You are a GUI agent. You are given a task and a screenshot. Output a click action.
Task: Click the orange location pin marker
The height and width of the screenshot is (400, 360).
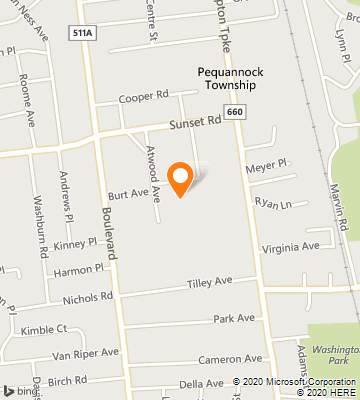pos(180,178)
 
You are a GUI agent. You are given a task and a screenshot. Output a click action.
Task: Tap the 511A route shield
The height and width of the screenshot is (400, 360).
pos(81,33)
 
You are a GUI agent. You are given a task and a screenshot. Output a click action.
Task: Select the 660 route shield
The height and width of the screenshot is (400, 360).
pos(233,113)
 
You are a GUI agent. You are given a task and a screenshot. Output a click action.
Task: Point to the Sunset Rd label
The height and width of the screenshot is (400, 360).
pos(194,122)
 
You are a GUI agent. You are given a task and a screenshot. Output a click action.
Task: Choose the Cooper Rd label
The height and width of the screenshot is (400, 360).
pos(142,97)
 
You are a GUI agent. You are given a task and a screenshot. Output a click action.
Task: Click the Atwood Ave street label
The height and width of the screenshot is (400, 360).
pos(154,172)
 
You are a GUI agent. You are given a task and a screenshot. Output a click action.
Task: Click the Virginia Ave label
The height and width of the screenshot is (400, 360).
pos(291,246)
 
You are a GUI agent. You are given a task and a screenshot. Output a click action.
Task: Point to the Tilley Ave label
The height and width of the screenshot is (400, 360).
pos(209,284)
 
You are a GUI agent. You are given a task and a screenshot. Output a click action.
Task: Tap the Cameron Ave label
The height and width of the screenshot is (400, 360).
pos(229,359)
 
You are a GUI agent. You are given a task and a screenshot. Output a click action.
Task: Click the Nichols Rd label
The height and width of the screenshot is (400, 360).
pos(87,297)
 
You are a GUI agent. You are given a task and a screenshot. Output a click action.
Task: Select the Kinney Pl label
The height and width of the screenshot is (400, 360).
pos(76,242)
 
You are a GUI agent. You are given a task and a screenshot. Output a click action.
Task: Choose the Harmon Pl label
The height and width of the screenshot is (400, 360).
pos(79,268)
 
